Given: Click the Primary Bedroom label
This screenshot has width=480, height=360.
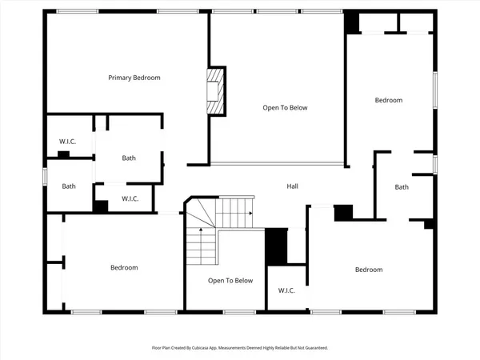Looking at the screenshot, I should click(134, 78).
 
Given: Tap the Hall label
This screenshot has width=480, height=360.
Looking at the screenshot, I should click(293, 186).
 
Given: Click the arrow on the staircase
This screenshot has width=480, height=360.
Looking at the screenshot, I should click(251, 214).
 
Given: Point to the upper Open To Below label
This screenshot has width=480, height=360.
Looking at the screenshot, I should click(286, 107).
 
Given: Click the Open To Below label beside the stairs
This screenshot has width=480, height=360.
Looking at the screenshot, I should click(230, 281).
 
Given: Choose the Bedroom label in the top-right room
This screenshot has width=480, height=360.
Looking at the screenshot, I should click(389, 100).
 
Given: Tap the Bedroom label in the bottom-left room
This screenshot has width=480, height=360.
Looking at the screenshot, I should click(124, 267).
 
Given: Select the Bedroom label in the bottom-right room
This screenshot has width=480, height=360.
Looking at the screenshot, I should click(369, 270).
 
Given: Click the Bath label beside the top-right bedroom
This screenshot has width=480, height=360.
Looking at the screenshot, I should click(402, 187).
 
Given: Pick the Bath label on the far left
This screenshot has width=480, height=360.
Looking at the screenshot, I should click(70, 186).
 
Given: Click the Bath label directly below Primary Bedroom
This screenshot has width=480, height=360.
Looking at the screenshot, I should click(129, 158).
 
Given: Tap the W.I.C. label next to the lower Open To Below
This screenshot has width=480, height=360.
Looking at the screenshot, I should click(286, 290).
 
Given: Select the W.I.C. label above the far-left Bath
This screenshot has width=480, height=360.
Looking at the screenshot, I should click(67, 142).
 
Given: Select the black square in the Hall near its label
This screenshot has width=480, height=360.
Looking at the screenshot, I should click(343, 212).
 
